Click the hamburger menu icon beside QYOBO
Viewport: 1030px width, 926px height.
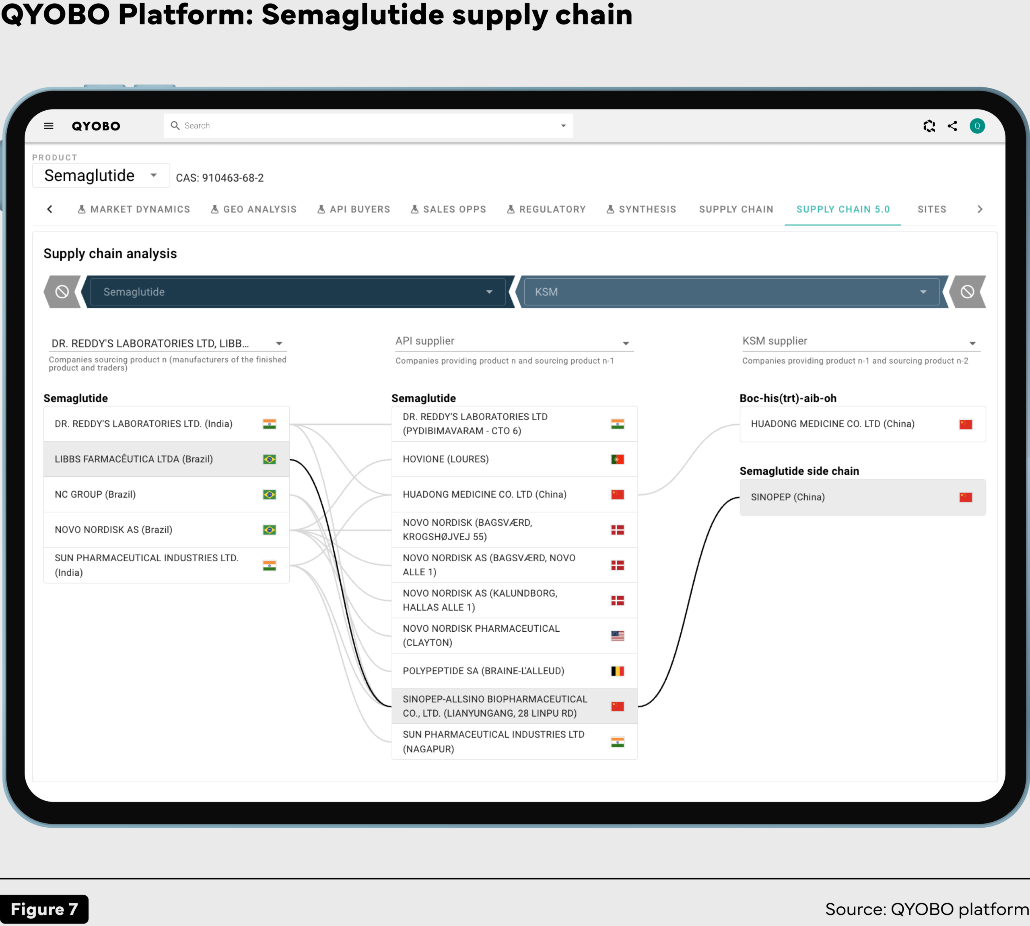49,126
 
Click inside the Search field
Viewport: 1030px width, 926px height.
368,126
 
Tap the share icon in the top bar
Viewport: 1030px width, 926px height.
952,126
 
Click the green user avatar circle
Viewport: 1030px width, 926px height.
977,126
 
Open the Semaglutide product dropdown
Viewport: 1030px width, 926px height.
101,176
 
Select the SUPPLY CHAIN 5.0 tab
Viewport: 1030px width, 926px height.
843,209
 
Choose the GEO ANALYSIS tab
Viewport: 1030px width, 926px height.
254,209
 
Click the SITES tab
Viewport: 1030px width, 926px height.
932,209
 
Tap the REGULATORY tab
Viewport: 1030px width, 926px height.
546,209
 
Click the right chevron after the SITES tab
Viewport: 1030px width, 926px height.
980,209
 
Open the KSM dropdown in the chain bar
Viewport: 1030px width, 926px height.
731,292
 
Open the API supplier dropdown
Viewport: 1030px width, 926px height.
514,342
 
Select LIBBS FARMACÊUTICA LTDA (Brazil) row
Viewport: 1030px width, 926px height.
167,459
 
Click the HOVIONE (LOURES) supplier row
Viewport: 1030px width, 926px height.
515,459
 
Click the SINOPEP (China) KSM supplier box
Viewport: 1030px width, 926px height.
863,497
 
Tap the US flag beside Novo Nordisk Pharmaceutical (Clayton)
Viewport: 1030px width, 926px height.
618,635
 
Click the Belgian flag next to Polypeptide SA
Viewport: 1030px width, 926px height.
618,671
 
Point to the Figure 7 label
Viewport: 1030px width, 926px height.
44,909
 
